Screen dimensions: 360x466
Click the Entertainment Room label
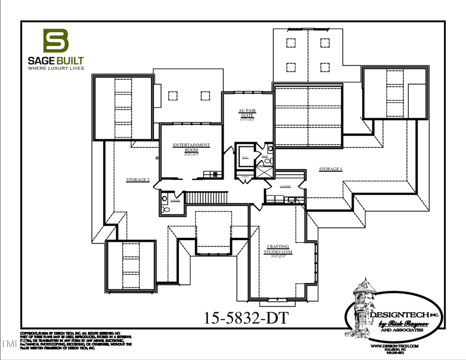(x=192, y=147)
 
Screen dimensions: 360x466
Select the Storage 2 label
(x=138, y=180)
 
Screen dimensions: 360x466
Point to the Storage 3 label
(x=330, y=169)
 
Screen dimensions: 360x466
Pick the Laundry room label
(x=285, y=185)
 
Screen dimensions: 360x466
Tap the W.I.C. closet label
(x=245, y=157)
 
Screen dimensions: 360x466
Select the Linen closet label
(x=246, y=175)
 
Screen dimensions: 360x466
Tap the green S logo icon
(x=56, y=41)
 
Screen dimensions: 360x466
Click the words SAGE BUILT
(x=56, y=60)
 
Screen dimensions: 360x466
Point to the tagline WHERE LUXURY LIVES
(x=56, y=68)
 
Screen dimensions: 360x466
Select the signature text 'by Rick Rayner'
(x=405, y=323)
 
